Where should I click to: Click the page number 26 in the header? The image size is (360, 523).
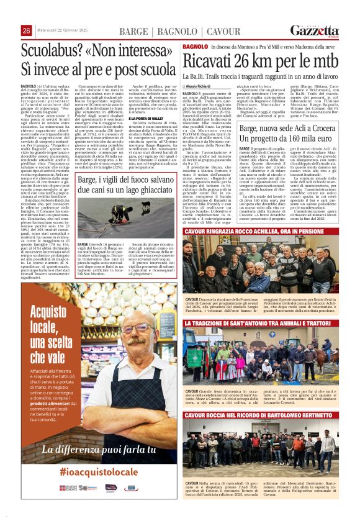point(27,31)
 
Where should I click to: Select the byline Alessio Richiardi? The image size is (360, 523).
point(205,86)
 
